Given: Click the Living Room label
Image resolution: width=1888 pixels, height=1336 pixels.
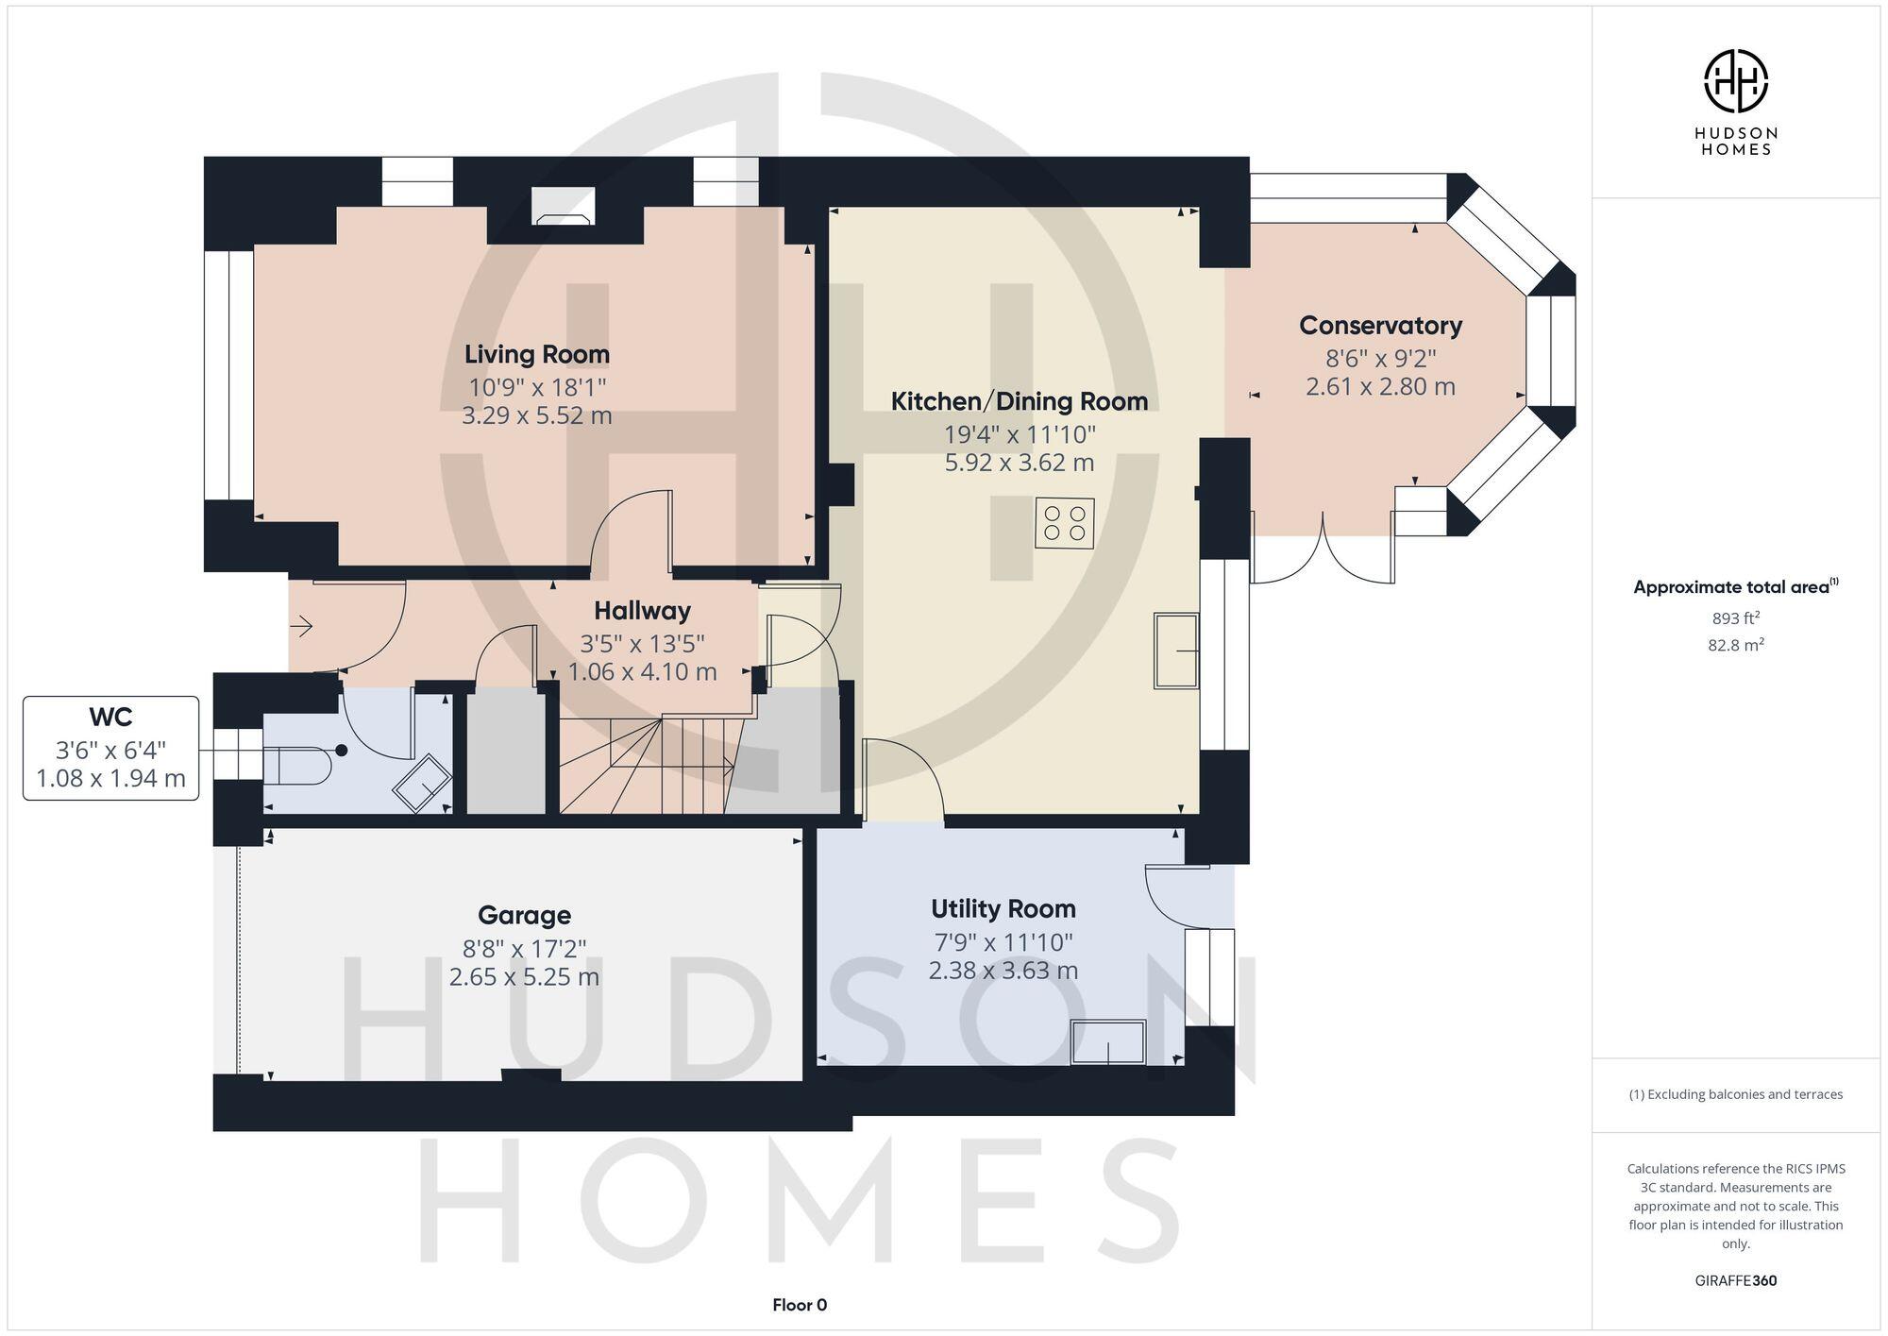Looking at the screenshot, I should [536, 355].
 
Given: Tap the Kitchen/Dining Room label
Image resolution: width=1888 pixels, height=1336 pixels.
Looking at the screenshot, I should [1019, 401].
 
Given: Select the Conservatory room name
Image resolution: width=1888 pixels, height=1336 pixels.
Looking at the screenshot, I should [1380, 326].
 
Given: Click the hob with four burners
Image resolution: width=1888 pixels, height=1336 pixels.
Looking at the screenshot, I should [1065, 523].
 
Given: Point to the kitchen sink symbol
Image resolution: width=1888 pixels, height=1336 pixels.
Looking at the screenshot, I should [1176, 651].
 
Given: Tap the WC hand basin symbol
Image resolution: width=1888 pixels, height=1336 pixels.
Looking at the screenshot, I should [422, 782].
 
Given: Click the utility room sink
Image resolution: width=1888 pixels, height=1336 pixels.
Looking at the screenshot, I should [1107, 1042].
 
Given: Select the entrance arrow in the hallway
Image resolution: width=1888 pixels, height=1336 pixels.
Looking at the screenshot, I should [302, 625].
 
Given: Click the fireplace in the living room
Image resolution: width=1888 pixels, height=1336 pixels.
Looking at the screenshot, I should [564, 207].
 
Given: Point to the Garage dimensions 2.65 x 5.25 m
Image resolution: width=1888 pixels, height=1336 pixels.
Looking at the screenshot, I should [524, 977].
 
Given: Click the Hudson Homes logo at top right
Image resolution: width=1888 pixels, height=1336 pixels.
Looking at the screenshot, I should [1735, 82].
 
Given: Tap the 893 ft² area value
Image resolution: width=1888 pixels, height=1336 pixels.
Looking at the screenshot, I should [1735, 618].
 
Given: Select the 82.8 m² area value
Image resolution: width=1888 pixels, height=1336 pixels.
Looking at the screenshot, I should [1735, 646].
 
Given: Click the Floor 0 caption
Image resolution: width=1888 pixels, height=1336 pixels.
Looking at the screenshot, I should [799, 1305].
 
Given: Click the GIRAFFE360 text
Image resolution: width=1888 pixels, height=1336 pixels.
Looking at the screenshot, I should [1735, 1281].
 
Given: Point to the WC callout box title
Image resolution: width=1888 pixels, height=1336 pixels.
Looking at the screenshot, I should [110, 718].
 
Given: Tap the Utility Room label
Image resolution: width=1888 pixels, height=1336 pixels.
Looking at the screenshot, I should [1003, 909].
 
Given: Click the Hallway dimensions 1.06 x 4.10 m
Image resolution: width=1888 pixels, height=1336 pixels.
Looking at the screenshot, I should [642, 672].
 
